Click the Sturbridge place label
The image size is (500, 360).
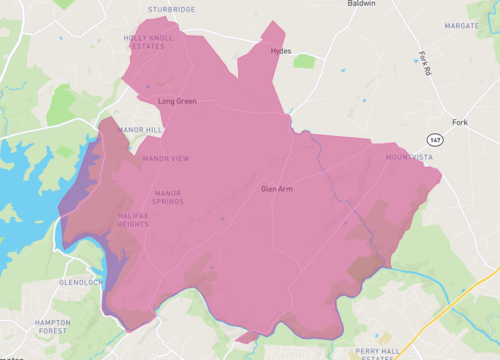click(x=171, y=9)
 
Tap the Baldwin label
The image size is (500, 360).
click(x=362, y=4)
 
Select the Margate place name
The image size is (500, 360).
click(x=462, y=26)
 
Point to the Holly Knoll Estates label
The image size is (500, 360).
click(x=149, y=42)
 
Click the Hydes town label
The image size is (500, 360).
click(x=281, y=51)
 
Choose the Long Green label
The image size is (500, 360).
click(x=178, y=101)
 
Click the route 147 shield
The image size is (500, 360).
click(x=434, y=139)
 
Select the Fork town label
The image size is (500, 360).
click(x=460, y=122)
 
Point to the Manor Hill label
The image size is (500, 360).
click(x=139, y=130)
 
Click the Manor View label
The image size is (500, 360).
click(x=166, y=158)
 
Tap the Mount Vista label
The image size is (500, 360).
click(x=408, y=158)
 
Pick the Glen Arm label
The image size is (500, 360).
click(x=276, y=189)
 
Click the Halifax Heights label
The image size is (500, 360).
click(x=140, y=221)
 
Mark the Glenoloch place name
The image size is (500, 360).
click(x=81, y=283)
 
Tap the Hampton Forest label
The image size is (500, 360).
click(x=52, y=328)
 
